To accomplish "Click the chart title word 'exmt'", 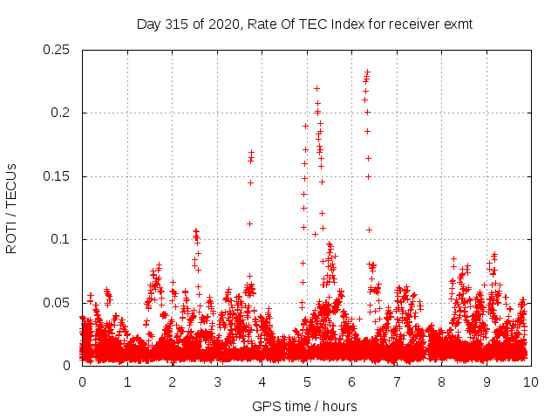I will [458, 24].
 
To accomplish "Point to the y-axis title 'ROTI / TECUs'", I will [11, 208].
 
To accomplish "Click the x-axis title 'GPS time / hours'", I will [304, 406].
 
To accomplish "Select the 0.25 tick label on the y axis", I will [58, 50].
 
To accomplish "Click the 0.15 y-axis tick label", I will [58, 176].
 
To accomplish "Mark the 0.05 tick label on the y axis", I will [58, 303].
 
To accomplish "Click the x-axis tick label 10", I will [530, 382].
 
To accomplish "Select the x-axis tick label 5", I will [306, 382].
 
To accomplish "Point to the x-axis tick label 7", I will [396, 382].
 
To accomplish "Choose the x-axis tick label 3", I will [216, 382].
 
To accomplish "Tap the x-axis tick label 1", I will [126, 382].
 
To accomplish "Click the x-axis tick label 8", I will [441, 382].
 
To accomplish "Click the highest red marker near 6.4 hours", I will [368, 72].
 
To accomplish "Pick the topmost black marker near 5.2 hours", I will [316, 88].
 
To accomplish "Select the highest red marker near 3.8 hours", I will [251, 153].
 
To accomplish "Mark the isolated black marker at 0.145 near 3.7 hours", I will [250, 182].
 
